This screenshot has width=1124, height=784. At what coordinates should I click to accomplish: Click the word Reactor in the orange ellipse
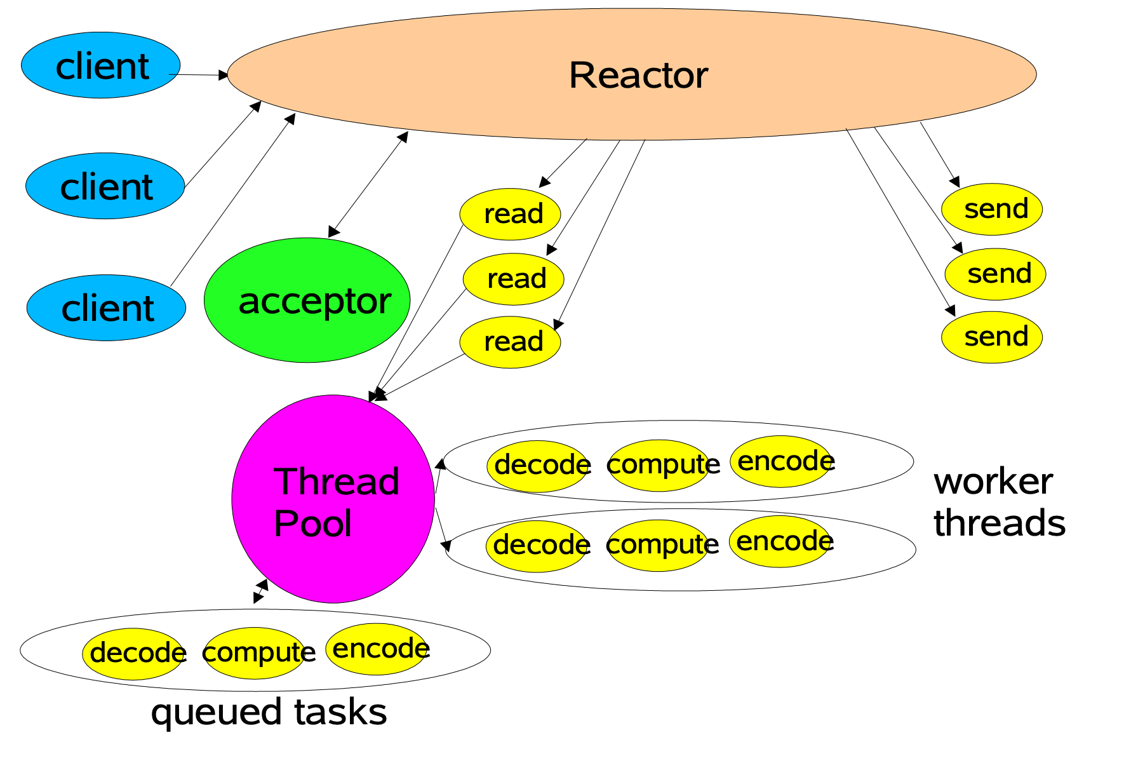(x=638, y=75)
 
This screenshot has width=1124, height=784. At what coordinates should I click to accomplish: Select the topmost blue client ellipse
(x=101, y=65)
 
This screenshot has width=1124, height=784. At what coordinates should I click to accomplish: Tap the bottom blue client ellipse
(x=106, y=308)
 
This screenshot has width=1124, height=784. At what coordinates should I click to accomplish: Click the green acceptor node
(x=307, y=301)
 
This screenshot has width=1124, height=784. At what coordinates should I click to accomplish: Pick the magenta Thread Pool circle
(x=333, y=499)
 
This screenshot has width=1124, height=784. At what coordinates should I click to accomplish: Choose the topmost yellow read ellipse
(x=510, y=214)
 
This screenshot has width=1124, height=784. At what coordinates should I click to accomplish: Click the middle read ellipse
(x=514, y=279)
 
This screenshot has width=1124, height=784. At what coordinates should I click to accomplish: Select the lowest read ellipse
(x=510, y=342)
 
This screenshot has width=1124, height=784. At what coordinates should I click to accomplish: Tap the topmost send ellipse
(x=992, y=209)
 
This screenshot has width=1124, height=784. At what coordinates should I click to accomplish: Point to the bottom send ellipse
(x=992, y=337)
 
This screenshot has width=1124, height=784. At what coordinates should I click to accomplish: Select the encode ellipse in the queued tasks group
(x=377, y=649)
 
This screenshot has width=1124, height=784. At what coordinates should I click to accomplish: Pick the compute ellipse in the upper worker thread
(x=660, y=465)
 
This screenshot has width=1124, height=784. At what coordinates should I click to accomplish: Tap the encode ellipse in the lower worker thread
(x=781, y=541)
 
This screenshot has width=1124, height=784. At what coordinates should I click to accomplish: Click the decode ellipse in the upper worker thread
(x=539, y=466)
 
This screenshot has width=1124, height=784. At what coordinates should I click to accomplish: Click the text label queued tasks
(x=269, y=712)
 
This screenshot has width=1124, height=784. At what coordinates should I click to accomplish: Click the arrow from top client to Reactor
(x=198, y=75)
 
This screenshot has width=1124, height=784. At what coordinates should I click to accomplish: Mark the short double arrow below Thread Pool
(x=260, y=591)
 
